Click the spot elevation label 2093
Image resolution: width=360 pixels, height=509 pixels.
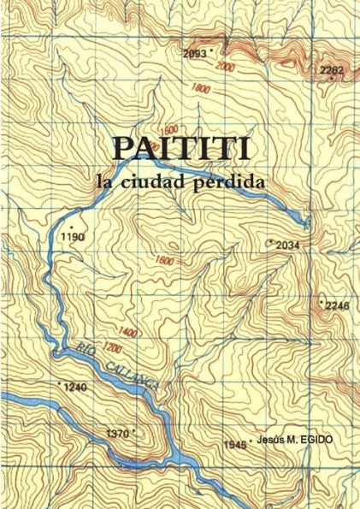[x=195, y=53]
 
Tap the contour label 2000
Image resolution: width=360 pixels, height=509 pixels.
[x=226, y=67]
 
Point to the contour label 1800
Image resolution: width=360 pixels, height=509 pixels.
[x=202, y=88]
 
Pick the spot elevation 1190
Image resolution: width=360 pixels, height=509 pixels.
[x=74, y=237]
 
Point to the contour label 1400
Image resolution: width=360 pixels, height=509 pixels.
[x=129, y=331]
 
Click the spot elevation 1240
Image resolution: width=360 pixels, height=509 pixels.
[x=75, y=388]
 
